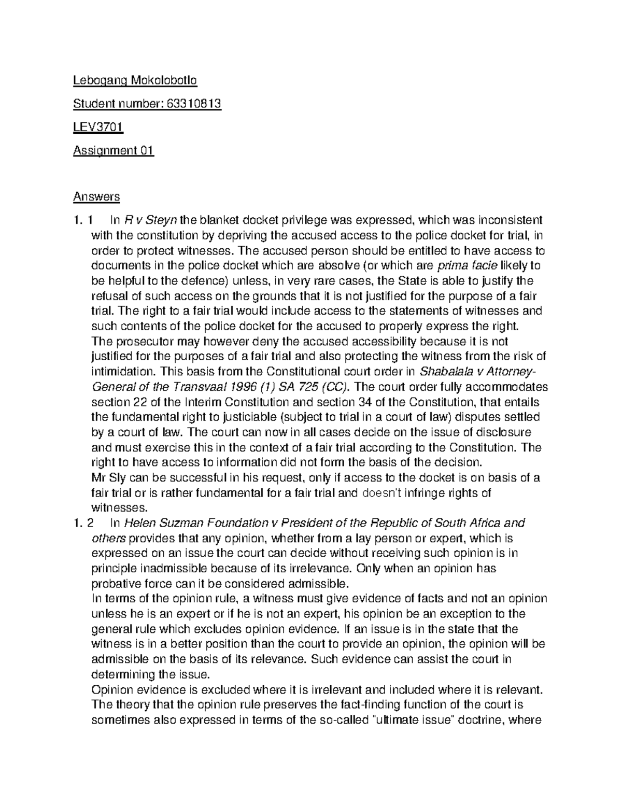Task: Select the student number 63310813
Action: click(x=194, y=104)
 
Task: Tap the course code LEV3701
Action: click(x=98, y=127)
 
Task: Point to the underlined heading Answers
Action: click(x=96, y=196)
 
